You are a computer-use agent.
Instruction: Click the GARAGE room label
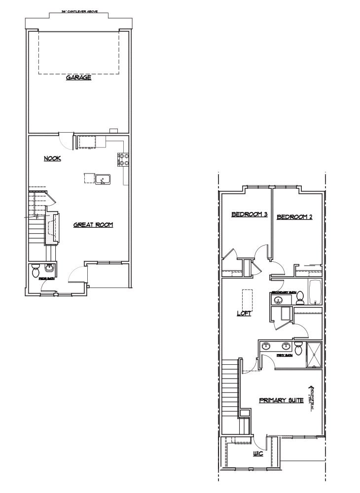79,77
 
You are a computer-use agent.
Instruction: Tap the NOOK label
52,158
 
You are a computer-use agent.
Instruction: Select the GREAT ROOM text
93,225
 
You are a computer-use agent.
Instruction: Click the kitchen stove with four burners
123,159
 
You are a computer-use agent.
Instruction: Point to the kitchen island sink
103,179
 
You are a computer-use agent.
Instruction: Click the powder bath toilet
36,271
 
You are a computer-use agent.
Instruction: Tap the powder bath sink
49,268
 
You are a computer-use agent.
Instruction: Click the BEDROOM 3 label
250,214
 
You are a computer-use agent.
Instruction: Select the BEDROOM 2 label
294,217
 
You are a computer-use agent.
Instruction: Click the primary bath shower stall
314,355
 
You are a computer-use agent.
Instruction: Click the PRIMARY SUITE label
281,400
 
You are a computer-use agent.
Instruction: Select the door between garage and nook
65,139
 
